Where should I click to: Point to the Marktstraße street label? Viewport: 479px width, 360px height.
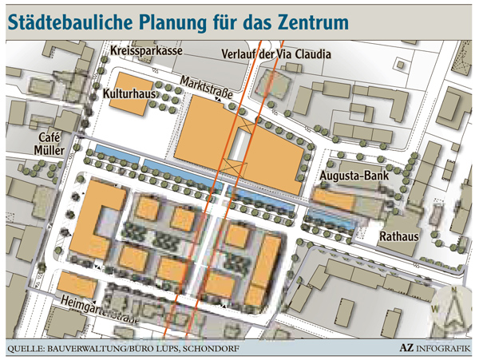click(206, 89)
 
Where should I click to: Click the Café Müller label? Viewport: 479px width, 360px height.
click(49, 143)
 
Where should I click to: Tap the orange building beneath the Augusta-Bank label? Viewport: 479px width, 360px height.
click(336, 198)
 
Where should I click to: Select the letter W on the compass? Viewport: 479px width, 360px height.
click(436, 308)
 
